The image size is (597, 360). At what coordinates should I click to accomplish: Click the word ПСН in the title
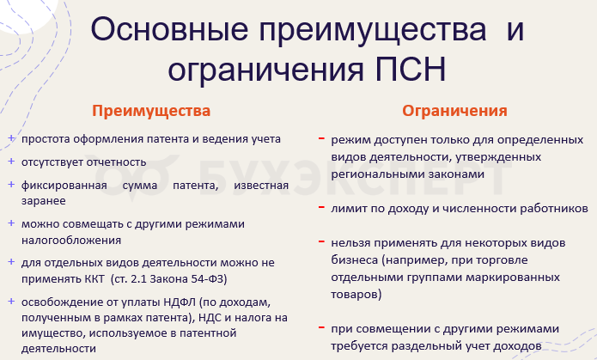coord(410,70)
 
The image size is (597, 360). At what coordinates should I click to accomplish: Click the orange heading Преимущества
coord(151,111)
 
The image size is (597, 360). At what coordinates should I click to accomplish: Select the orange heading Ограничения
coord(454,111)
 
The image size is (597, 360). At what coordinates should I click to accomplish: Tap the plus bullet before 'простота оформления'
coord(11,138)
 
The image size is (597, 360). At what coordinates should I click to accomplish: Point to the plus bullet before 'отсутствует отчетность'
coord(11,162)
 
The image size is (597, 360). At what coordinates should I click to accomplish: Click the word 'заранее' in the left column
coord(44,201)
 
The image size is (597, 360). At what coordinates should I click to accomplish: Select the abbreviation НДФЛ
coord(179,302)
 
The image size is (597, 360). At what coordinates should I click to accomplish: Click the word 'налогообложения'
coord(71,241)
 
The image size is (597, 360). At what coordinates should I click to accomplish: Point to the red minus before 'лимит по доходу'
coord(322,207)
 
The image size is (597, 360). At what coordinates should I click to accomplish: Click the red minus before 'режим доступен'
coord(322,138)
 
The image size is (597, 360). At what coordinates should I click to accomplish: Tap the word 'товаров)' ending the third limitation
coord(356,295)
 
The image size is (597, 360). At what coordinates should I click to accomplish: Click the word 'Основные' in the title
coord(169,29)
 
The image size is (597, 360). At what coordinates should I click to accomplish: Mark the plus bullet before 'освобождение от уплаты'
coord(11,302)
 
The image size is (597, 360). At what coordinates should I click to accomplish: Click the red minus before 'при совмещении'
coord(322,327)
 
